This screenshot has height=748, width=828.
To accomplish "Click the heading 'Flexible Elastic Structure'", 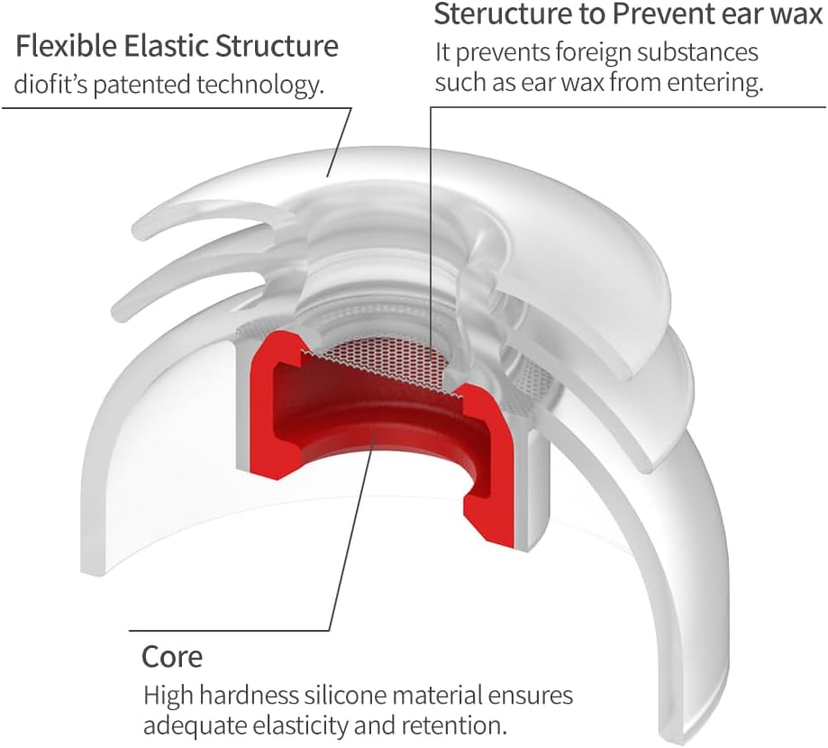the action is point(176,47).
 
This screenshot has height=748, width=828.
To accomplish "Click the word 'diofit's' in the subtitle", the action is point(49,86).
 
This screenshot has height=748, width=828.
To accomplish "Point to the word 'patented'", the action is point(136,86).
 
